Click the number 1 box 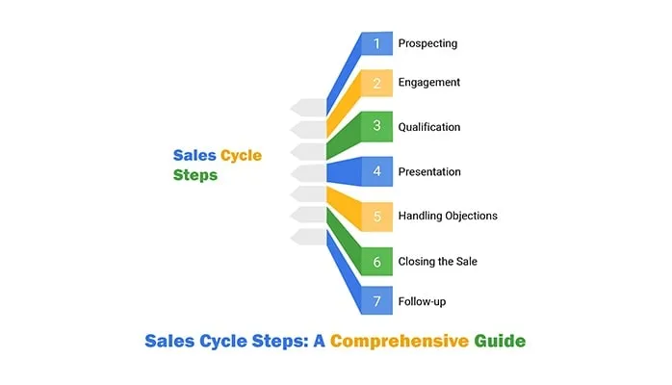coord(377,43)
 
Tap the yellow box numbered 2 coord(377,83)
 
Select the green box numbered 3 coord(377,127)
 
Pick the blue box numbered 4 coord(377,171)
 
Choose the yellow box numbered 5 coord(377,216)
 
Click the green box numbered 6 coord(377,261)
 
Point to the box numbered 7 coord(377,301)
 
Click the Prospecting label coord(427,43)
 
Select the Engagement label coord(429,83)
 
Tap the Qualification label coord(429,127)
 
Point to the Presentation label coord(429,171)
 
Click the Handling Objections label coord(448,216)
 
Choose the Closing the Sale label coord(438,261)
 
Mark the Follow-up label coord(422,301)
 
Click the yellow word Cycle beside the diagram coord(241,156)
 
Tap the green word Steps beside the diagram coord(195,176)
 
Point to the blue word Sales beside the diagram coord(194,156)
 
